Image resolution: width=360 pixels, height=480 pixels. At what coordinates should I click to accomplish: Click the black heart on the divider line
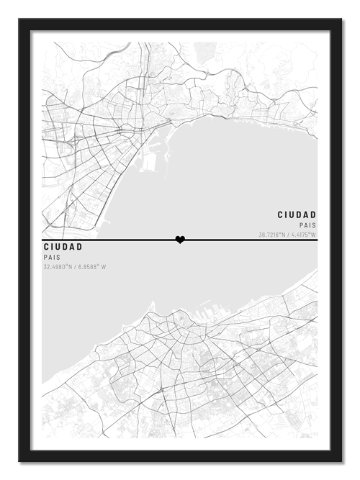180,240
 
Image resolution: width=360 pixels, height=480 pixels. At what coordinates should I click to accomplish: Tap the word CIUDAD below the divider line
63,247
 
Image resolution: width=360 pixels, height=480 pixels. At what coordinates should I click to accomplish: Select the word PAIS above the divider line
307,225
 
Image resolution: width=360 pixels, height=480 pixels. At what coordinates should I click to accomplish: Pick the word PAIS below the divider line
51,257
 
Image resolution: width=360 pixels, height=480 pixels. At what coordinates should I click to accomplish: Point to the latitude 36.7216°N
272,235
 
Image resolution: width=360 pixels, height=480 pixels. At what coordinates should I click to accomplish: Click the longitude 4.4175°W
305,235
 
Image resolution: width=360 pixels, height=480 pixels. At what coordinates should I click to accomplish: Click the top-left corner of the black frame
20,19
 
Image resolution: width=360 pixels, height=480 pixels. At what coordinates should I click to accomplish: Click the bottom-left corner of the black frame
20,463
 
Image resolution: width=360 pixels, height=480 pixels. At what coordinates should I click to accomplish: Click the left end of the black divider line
43,240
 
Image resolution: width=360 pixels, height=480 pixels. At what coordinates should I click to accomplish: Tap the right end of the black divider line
317,240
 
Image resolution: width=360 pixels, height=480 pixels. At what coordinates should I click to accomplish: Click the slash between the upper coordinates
288,235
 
